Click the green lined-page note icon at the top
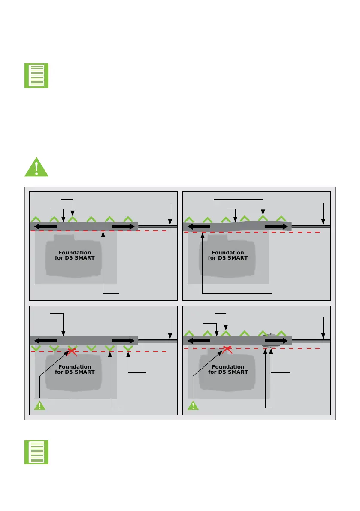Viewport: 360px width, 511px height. coord(36,76)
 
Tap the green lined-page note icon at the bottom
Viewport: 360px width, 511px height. coord(36,452)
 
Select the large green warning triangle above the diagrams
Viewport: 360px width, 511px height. coord(36,167)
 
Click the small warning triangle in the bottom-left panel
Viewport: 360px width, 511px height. coord(39,406)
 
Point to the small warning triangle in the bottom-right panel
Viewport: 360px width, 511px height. coord(193,406)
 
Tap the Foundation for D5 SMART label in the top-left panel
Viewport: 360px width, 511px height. coord(75,255)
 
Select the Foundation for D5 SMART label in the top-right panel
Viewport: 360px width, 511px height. coord(228,255)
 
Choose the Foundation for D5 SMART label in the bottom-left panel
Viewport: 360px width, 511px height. coord(75,369)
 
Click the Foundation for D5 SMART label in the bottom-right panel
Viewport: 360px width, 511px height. coord(228,369)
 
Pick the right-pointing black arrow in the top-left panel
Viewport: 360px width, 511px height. coord(123,226)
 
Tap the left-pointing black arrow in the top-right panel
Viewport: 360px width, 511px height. coord(199,226)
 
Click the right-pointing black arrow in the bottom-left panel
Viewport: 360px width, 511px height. coord(123,341)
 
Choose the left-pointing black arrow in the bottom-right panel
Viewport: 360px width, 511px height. coord(199,341)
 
